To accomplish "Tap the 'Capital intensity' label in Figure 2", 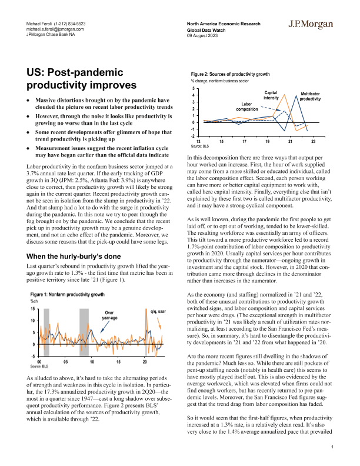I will coord(271,95).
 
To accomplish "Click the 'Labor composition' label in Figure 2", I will coord(248,106).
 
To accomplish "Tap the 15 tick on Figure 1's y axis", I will coord(34,309).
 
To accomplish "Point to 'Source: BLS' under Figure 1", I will coord(38,366).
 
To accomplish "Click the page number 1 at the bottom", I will coord(332,448).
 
